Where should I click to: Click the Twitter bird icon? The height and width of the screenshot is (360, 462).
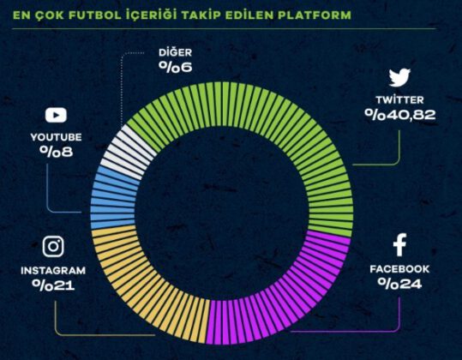pyautogui.click(x=399, y=78)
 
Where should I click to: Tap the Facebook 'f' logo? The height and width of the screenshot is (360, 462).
pyautogui.click(x=399, y=246)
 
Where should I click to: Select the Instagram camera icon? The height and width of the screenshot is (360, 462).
pyautogui.click(x=53, y=247)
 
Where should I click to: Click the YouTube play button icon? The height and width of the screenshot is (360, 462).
pyautogui.click(x=56, y=114)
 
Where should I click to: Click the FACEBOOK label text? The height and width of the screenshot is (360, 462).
pyautogui.click(x=399, y=269)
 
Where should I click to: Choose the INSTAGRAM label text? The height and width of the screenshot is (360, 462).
pyautogui.click(x=53, y=270)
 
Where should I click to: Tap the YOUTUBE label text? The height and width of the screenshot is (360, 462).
pyautogui.click(x=56, y=136)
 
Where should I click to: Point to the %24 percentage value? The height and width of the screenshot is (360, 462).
pyautogui.click(x=399, y=285)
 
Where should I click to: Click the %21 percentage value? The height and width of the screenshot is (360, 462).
pyautogui.click(x=53, y=285)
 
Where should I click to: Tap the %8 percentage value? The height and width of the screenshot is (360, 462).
pyautogui.click(x=56, y=151)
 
